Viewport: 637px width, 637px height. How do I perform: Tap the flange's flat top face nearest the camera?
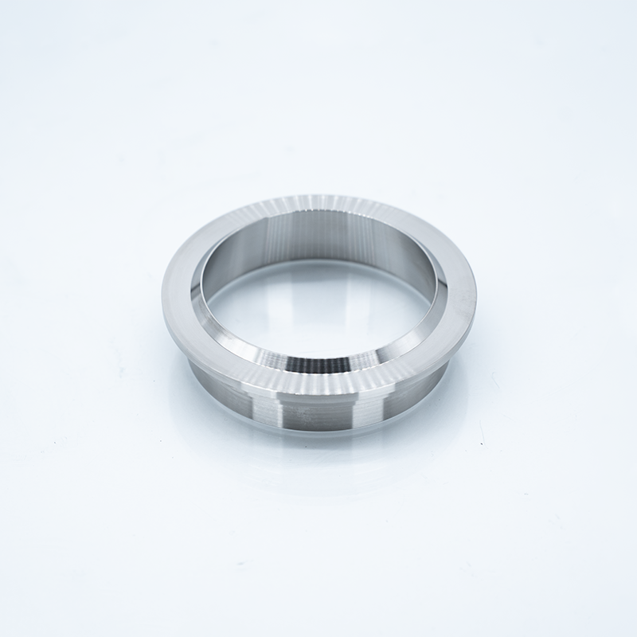point(318,381)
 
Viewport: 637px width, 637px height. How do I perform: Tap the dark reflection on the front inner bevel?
point(318,362)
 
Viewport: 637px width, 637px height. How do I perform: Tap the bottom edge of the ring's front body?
point(318,434)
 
